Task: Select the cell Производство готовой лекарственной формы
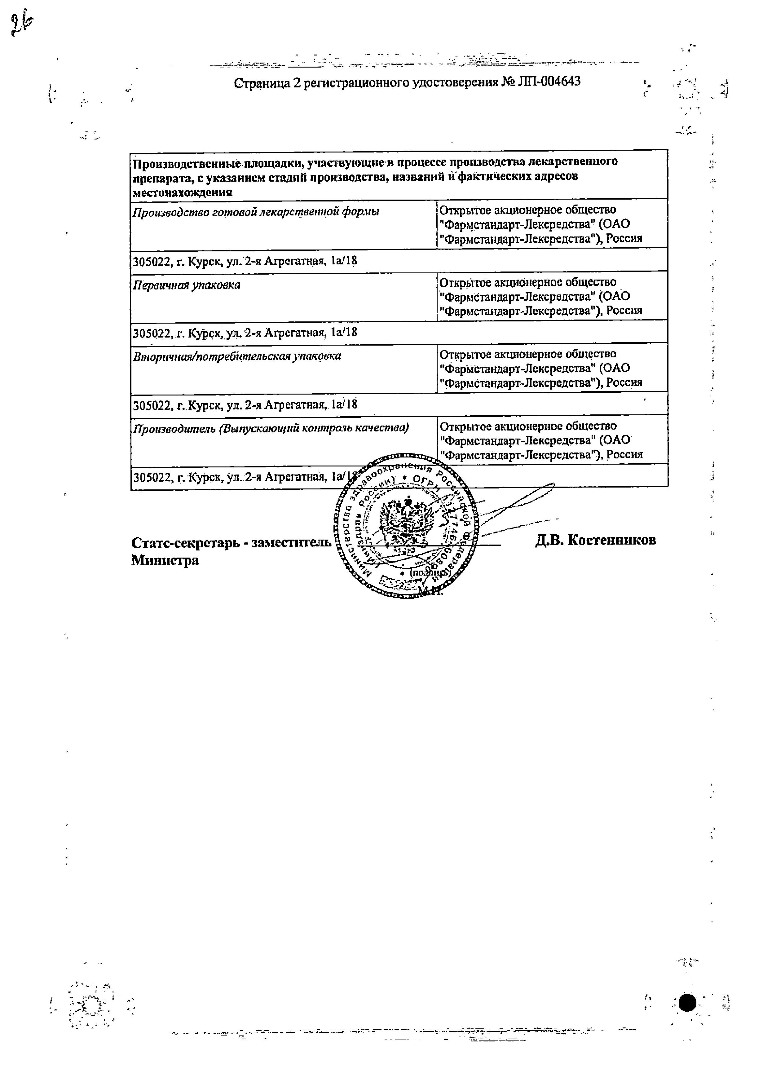coord(256,212)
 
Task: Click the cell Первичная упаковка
coord(187,285)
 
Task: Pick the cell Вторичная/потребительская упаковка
coord(236,356)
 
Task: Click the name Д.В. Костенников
coord(595,540)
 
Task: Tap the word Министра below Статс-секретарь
coord(165,561)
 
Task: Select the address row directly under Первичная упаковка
coord(245,333)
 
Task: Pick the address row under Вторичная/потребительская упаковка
coord(245,405)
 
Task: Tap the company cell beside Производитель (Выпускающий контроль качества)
coord(541,440)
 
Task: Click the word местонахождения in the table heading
coord(183,192)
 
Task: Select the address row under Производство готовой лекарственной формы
coord(245,261)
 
